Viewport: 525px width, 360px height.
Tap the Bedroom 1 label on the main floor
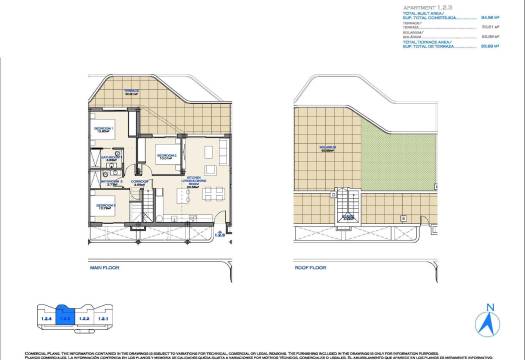[x=103, y=130]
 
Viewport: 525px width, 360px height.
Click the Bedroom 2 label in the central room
[x=166, y=156]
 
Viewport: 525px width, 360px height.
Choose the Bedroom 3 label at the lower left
[x=104, y=205]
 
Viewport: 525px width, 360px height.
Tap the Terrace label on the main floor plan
[x=131, y=90]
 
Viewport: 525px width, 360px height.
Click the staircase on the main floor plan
[x=146, y=210]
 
